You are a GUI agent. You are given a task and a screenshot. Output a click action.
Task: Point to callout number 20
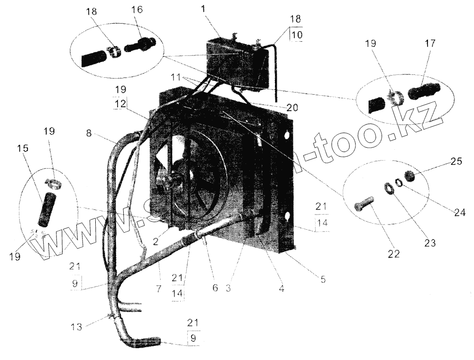pos(292,108)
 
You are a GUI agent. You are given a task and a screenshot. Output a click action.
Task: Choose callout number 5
pos(323,279)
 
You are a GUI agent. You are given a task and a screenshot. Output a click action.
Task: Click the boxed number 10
pos(295,36)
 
